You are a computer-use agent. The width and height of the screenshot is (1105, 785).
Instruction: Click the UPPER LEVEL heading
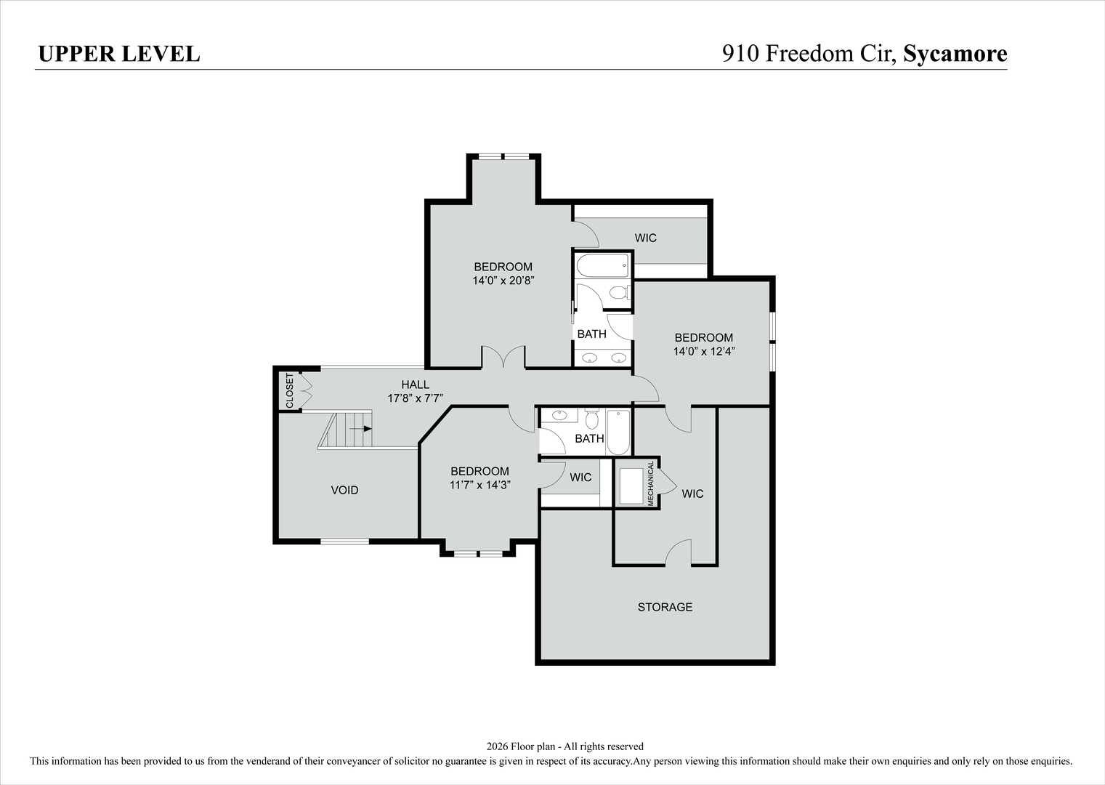coord(118,54)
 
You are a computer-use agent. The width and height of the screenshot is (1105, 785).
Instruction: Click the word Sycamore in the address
coord(955,54)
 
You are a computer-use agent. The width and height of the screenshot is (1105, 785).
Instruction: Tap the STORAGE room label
coord(665,607)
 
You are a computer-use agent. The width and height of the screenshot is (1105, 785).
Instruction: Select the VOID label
coord(344,490)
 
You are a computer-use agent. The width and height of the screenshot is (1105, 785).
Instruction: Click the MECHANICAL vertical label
coord(651,483)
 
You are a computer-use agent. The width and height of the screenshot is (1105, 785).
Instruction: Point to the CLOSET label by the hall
coord(289,390)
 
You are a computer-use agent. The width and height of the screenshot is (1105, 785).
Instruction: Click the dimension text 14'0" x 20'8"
coord(503,280)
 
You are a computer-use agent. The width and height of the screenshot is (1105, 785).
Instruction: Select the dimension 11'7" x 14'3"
coord(479,485)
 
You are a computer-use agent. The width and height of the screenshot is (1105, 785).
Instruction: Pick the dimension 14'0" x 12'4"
coord(703,351)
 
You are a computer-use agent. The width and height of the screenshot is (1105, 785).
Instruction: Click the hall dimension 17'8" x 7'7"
coord(415,398)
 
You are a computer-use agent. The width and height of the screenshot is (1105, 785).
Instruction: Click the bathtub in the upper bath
coord(602,265)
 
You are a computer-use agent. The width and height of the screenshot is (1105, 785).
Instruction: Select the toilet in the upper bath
coord(619,293)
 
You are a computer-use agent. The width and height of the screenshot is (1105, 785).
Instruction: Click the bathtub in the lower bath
coord(619,432)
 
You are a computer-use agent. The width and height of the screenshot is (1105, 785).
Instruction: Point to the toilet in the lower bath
coord(591,419)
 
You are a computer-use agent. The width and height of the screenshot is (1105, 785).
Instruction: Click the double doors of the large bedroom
coord(503,357)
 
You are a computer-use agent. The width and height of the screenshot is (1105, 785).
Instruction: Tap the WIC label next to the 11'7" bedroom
coord(580,478)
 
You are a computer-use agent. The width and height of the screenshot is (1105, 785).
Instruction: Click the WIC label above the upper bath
coord(645,238)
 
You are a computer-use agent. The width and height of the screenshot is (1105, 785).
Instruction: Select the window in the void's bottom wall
coord(344,541)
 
